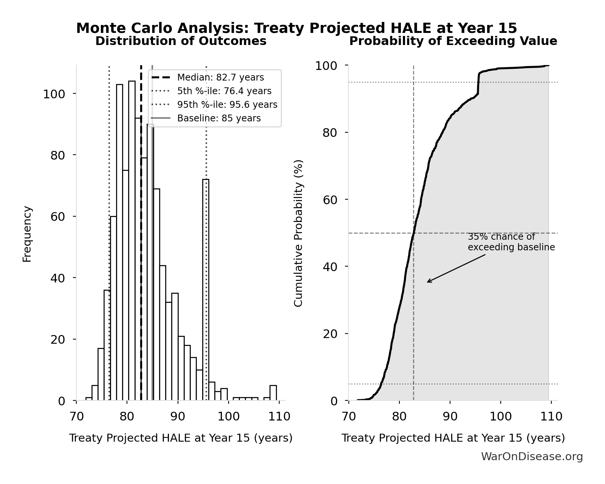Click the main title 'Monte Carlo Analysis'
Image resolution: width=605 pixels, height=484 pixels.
pyautogui.click(x=296, y=28)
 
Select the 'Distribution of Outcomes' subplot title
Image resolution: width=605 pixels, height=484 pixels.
pyautogui.click(x=181, y=41)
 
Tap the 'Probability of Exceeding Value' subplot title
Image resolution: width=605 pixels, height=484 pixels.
pyautogui.click(x=453, y=41)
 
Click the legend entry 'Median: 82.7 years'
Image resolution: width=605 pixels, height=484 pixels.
pyautogui.click(x=220, y=78)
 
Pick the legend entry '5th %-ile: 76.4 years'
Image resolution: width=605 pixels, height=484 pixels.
pyautogui.click(x=224, y=91)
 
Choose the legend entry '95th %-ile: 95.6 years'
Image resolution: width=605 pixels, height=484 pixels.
pyautogui.click(x=227, y=105)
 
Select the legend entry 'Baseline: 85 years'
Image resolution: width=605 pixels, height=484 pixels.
pyautogui.click(x=219, y=118)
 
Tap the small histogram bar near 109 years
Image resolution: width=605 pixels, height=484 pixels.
pyautogui.click(x=273, y=393)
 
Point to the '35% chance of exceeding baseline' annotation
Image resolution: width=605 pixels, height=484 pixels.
pyautogui.click(x=511, y=242)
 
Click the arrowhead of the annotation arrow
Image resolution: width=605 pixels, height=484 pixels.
pyautogui.click(x=428, y=282)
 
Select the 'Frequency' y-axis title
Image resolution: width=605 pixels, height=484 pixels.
pyautogui.click(x=27, y=234)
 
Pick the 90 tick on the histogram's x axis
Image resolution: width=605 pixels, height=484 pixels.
pyautogui.click(x=178, y=417)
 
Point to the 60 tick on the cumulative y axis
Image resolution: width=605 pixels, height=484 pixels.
pyautogui.click(x=330, y=200)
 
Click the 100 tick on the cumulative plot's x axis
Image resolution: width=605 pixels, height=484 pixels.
pyautogui.click(x=500, y=417)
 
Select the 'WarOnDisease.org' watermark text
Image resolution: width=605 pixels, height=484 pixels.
pyautogui.click(x=532, y=457)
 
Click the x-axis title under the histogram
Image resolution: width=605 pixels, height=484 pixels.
pyautogui.click(x=181, y=438)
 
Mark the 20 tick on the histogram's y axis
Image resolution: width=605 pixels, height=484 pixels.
pyautogui.click(x=58, y=340)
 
